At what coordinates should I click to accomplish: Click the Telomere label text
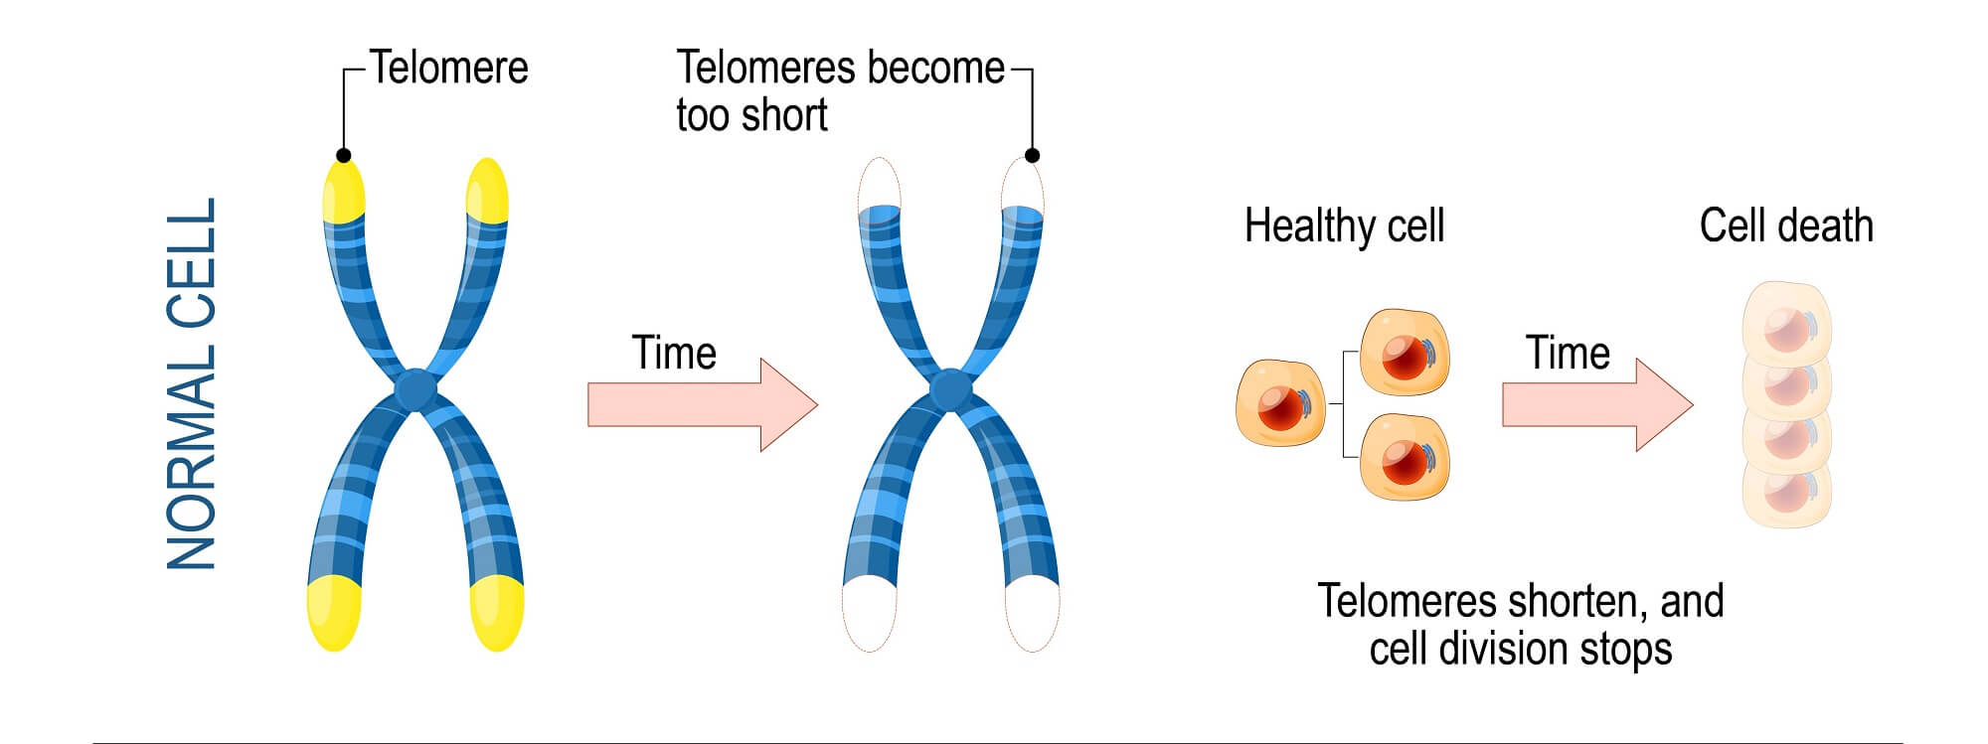pyautogui.click(x=449, y=69)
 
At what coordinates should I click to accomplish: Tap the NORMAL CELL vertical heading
pyautogui.click(x=192, y=384)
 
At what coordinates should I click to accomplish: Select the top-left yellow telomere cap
pyautogui.click(x=343, y=191)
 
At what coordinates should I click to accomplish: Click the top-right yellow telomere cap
pyautogui.click(x=487, y=190)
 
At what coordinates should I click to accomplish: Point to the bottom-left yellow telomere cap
pyautogui.click(x=334, y=612)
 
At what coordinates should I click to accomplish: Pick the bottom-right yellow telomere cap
pyautogui.click(x=497, y=612)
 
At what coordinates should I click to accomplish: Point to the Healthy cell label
pyautogui.click(x=1344, y=225)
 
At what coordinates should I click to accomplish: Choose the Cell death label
pyautogui.click(x=1785, y=225)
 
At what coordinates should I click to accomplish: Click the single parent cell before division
pyautogui.click(x=1280, y=403)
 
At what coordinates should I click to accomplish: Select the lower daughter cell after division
pyautogui.click(x=1405, y=458)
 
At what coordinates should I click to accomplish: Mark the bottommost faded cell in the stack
pyautogui.click(x=1786, y=492)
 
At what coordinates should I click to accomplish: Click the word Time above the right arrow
pyautogui.click(x=1568, y=353)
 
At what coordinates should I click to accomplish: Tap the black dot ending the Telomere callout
pyautogui.click(x=343, y=155)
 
